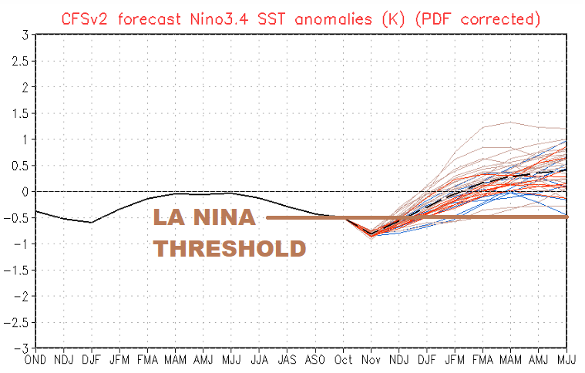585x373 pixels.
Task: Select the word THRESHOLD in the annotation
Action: pos(229,249)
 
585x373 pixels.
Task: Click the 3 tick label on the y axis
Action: pos(25,35)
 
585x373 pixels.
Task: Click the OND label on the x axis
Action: pos(36,360)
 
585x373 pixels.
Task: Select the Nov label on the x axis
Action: pos(371,360)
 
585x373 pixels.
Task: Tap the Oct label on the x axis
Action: pos(343,360)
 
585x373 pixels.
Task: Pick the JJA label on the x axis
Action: pos(260,360)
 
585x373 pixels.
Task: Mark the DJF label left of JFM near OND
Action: pos(92,360)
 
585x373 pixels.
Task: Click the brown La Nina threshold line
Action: pos(462,217)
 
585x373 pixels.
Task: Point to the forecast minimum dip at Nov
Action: pos(371,234)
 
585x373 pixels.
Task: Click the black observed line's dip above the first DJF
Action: pos(92,222)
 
